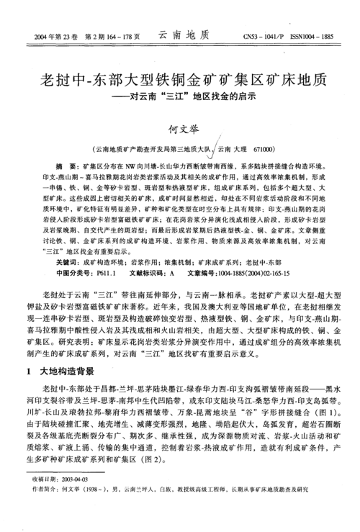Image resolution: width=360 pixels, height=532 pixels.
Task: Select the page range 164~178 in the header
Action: pyautogui.click(x=126, y=35)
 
